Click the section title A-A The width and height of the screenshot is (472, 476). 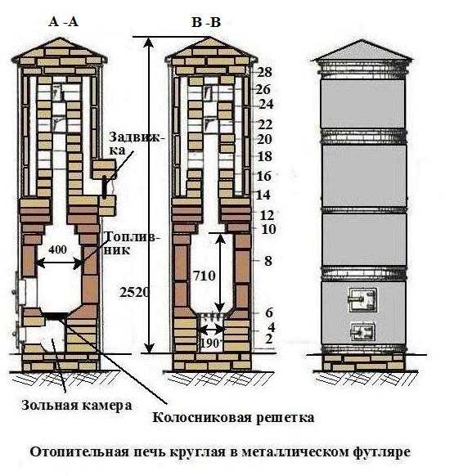63,22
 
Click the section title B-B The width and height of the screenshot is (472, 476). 206,22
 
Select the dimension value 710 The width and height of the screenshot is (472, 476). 205,276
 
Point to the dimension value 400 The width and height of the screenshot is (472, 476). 58,249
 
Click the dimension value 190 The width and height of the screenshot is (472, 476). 209,344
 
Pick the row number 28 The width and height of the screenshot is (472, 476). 265,72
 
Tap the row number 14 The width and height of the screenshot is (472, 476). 263,195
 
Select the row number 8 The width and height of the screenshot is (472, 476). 268,261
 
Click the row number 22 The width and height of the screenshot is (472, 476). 265,124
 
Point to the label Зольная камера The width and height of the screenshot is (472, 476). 77,406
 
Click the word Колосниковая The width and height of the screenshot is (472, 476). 201,417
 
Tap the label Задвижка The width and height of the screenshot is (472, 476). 137,143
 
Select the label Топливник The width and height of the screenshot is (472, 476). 131,243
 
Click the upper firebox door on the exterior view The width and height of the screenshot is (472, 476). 362,300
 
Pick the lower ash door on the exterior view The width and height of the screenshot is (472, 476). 362,331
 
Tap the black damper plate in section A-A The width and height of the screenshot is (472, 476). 105,186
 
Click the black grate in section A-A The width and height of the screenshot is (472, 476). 56,316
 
